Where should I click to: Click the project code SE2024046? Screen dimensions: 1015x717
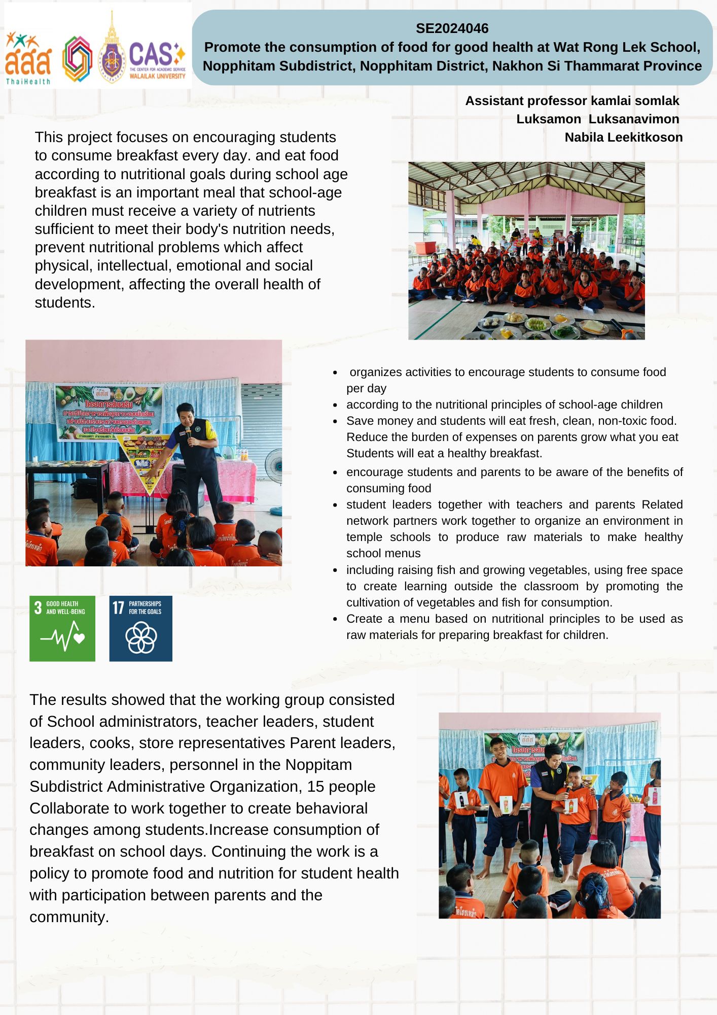pos(452,28)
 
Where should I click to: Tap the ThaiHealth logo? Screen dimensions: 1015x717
pos(28,58)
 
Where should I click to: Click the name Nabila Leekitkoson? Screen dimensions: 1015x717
pos(623,138)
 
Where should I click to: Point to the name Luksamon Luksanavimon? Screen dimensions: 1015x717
pos(597,119)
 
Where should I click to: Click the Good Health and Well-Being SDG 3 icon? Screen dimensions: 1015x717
pos(62,628)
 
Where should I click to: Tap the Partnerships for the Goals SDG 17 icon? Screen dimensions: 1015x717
pos(141,628)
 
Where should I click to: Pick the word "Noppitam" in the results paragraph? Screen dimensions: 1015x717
pos(318,765)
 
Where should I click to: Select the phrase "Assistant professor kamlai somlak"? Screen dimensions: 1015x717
pos(571,101)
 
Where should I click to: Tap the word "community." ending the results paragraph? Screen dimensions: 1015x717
pos(69,917)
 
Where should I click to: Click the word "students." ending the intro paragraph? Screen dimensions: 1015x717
pos(65,303)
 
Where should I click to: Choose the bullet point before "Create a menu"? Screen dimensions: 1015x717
pos(335,619)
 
